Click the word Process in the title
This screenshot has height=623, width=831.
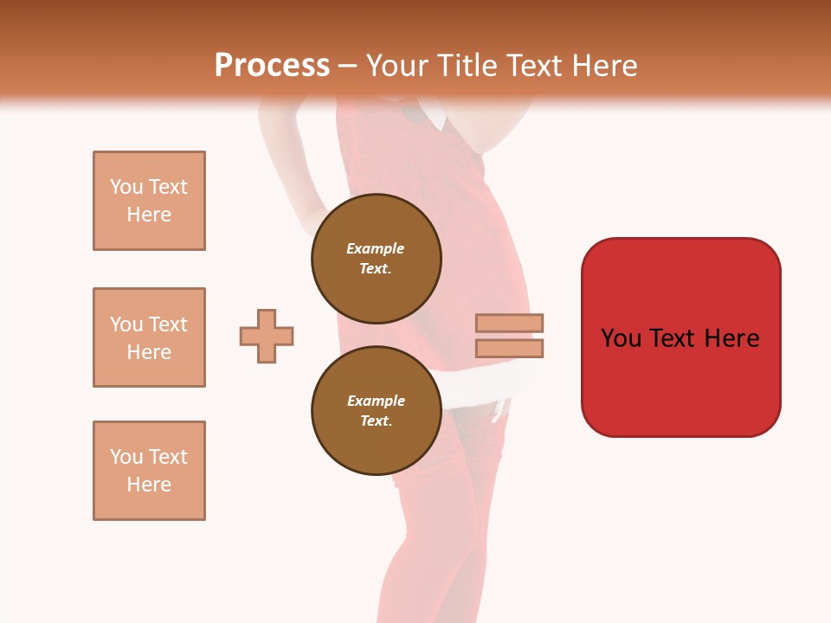[272, 66]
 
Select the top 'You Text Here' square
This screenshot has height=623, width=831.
[149, 201]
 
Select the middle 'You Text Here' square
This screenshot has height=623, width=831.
[149, 337]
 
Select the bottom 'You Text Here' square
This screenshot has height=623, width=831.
[149, 471]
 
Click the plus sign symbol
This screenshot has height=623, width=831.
[267, 336]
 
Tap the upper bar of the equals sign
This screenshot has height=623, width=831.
[510, 323]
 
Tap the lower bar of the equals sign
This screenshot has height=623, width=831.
[510, 348]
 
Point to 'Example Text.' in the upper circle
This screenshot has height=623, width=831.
[376, 258]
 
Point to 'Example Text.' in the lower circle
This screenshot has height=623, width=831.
[376, 410]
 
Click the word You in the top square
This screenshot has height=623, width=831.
[126, 187]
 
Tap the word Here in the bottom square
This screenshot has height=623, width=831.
[149, 485]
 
